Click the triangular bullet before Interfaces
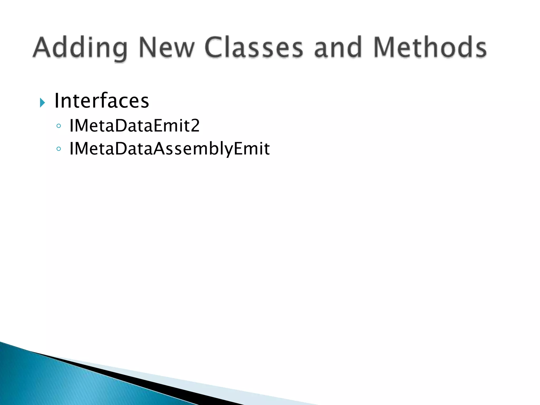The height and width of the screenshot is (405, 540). click(x=42, y=102)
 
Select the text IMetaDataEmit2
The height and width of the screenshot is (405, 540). click(x=134, y=126)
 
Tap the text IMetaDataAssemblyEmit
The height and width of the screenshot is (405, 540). click(x=170, y=149)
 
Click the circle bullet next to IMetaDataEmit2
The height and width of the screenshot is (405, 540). click(x=59, y=126)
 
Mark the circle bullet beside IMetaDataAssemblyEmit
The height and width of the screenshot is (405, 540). click(x=59, y=149)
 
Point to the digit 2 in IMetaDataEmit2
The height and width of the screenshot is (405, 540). click(x=195, y=126)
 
